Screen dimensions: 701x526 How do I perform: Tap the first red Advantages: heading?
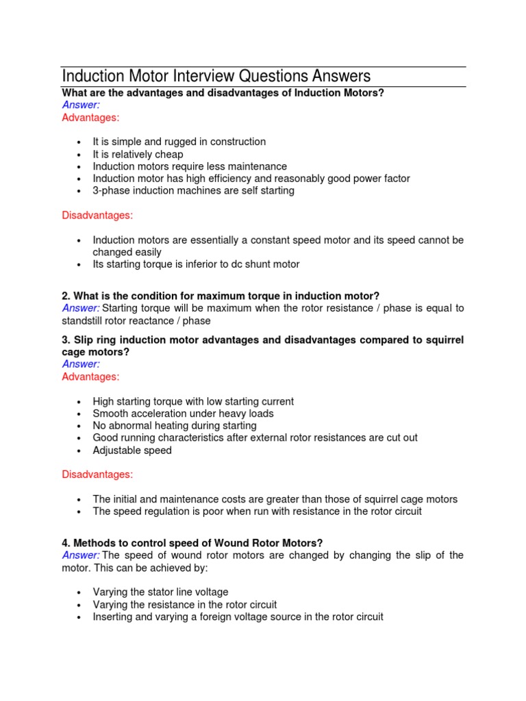pos(90,118)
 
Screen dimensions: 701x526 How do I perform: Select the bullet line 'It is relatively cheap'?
pos(138,154)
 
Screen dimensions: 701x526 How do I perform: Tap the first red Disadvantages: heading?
pos(97,215)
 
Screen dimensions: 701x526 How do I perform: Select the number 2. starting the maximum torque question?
pos(66,296)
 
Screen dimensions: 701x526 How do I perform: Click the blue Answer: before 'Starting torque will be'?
pos(81,308)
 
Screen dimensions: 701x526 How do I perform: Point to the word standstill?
pos(84,320)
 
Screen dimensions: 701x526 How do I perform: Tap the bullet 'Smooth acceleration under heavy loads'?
pos(183,413)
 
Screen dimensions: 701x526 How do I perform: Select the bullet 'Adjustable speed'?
pos(132,450)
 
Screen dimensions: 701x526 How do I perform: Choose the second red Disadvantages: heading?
pos(97,474)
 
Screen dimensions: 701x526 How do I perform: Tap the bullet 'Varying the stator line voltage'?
pos(160,591)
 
